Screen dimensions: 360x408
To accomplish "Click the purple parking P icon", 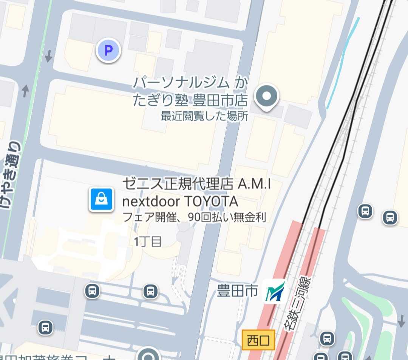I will (108, 51).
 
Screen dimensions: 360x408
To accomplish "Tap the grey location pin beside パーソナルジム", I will (266, 96).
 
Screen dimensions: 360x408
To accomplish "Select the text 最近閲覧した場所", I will (204, 117).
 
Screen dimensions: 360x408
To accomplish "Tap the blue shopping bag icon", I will (101, 199).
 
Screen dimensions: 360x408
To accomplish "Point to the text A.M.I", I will (254, 185).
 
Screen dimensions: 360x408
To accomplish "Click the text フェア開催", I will (146, 217).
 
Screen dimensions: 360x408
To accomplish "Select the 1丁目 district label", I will (148, 242).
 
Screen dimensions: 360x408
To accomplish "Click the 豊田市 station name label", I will (237, 291).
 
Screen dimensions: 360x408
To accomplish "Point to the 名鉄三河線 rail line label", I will (298, 304).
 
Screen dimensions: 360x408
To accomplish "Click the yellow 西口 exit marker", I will (258, 340).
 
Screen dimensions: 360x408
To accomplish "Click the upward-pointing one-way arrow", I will (25, 91).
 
